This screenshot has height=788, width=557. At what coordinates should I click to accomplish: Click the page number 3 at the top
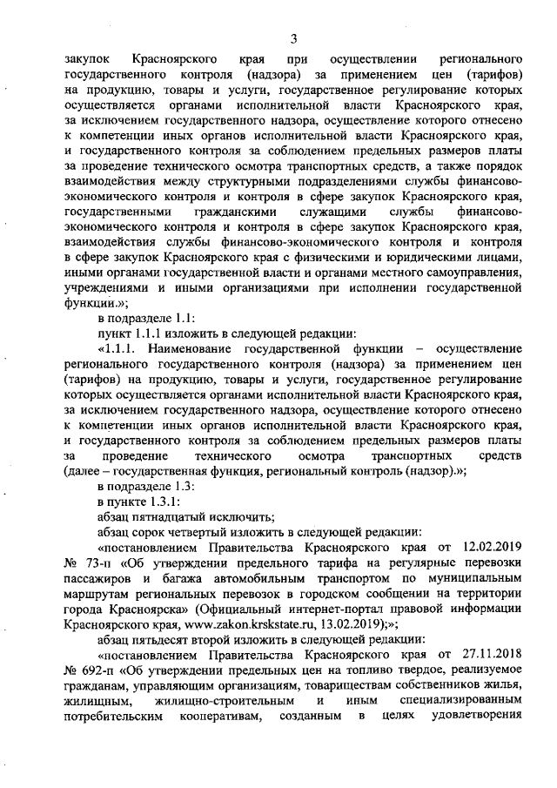point(294,37)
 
